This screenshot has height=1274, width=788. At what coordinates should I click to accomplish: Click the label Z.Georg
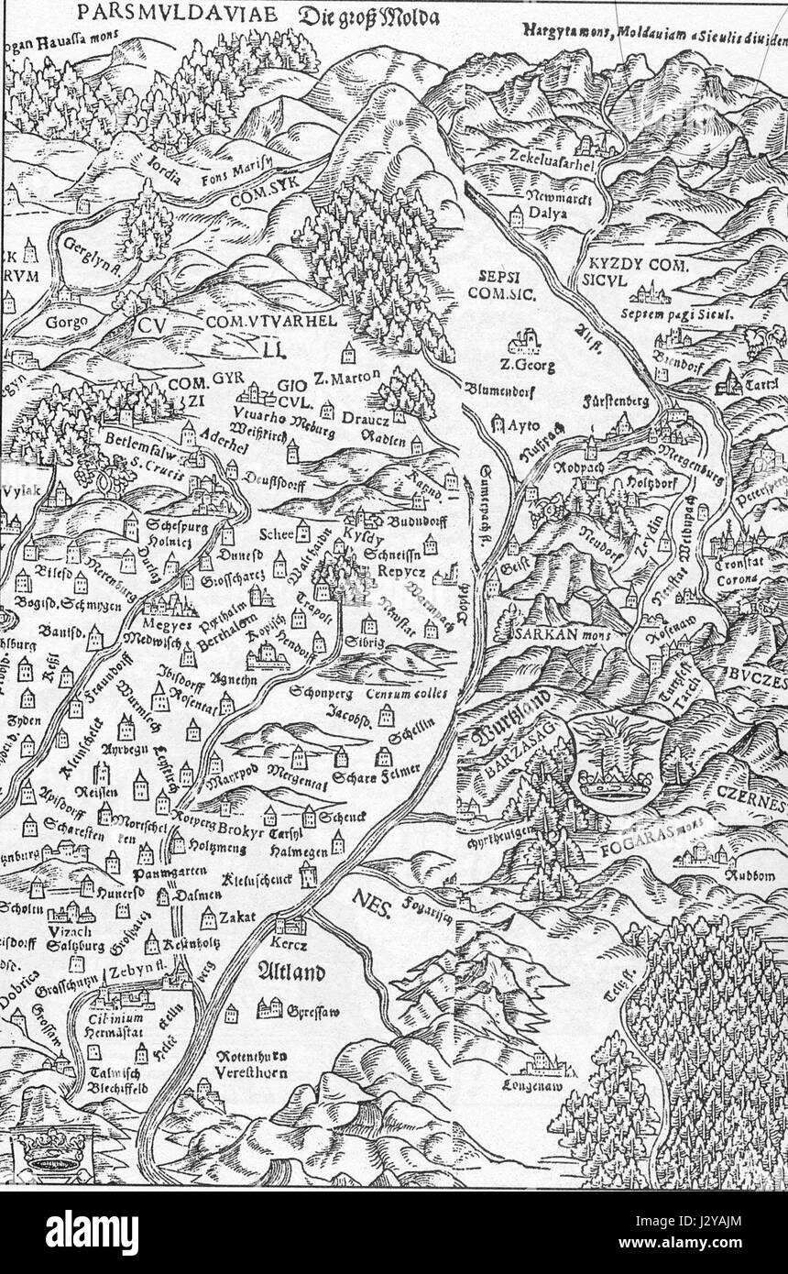[x=523, y=366]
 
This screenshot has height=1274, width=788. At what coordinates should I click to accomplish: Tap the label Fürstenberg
[x=616, y=401]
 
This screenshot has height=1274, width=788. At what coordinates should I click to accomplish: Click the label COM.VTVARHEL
[x=259, y=321]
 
